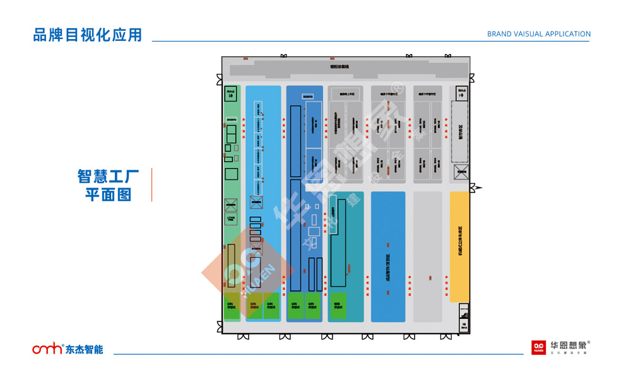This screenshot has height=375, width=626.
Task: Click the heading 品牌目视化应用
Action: [88, 35]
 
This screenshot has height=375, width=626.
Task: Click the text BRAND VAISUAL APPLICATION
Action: [538, 34]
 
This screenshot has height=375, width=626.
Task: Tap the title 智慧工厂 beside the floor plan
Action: [108, 176]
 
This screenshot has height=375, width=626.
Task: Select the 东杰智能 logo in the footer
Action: [68, 349]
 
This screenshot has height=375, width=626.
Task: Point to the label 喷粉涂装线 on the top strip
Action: [340, 67]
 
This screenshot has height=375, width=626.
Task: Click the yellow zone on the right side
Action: [460, 246]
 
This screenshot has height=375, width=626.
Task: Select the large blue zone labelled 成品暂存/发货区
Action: [388, 257]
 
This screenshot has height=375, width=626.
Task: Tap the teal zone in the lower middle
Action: [346, 252]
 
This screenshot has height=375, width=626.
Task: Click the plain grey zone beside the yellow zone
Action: [428, 257]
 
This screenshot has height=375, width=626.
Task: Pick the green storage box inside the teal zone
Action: [339, 305]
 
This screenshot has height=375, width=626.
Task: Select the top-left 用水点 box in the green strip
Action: [231, 93]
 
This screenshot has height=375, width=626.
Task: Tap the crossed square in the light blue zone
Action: [256, 202]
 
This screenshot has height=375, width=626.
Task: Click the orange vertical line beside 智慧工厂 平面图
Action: [152, 185]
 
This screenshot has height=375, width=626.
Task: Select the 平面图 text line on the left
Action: [108, 195]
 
